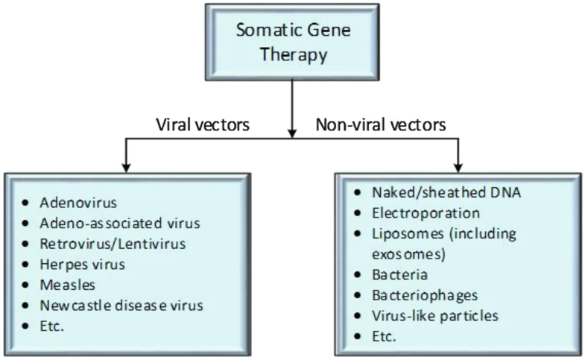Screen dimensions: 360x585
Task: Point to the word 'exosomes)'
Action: coord(402,253)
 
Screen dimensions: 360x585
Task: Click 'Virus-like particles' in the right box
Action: coord(434,315)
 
